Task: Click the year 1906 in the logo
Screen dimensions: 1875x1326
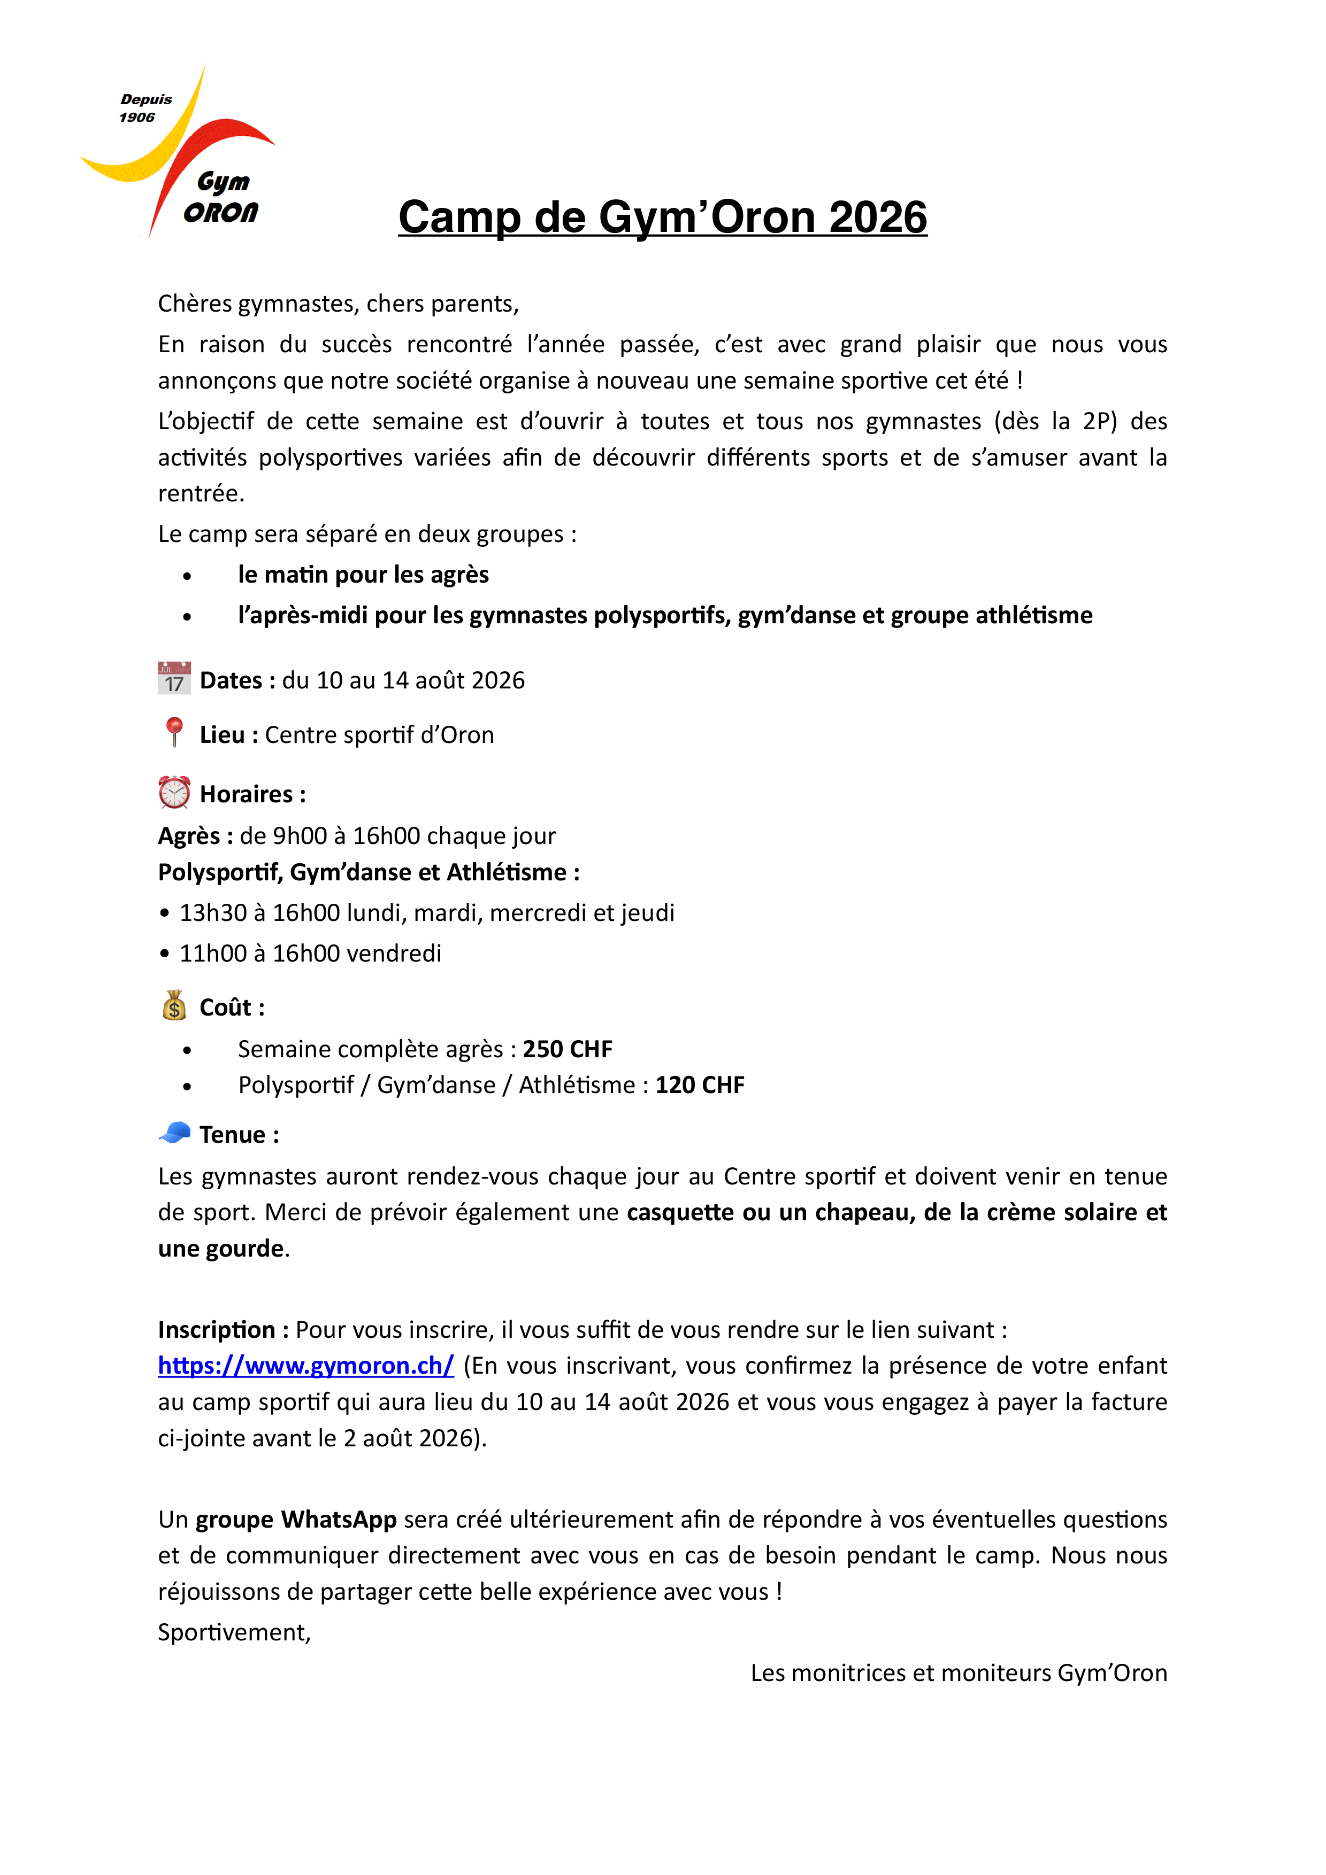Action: tap(136, 118)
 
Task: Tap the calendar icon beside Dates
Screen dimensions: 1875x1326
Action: tap(174, 679)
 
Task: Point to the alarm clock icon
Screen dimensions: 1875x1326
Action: tap(174, 792)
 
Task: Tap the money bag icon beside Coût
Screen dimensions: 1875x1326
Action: tap(174, 1006)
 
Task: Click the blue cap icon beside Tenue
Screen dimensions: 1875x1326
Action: tap(174, 1133)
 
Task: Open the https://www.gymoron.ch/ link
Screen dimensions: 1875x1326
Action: tap(305, 1366)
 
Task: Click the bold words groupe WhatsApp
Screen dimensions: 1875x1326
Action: tap(296, 1519)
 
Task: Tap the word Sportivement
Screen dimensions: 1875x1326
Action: tap(234, 1632)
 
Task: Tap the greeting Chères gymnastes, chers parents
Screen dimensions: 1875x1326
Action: tap(338, 304)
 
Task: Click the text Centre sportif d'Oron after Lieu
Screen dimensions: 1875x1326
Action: tap(379, 735)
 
